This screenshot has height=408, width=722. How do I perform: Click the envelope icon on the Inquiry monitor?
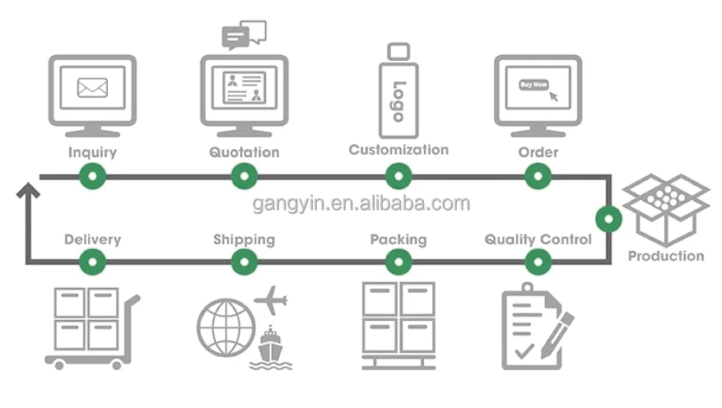coord(92,87)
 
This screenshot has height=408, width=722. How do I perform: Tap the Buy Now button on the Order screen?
coord(533,85)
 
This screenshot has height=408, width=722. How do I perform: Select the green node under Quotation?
coord(245,176)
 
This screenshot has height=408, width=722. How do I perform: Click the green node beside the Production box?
coord(608,219)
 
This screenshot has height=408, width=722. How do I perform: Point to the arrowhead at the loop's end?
coord(28,189)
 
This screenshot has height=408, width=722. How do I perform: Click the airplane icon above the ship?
coord(271,300)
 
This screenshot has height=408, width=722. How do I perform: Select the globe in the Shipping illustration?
coord(226,327)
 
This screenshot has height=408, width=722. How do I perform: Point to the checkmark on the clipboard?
coord(524,351)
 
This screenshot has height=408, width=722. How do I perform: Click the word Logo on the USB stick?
coord(398,101)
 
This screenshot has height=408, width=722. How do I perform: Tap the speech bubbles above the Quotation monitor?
coord(244,35)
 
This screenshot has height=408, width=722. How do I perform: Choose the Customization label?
coord(398,150)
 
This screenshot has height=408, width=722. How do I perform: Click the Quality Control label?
coord(538,239)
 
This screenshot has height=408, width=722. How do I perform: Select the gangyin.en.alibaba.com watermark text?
coord(361,204)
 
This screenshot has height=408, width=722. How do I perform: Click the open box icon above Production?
coord(666,211)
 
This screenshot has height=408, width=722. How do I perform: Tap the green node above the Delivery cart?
coord(92,262)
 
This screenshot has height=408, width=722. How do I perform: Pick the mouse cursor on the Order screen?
coord(553,96)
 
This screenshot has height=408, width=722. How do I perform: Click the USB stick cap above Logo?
coord(398,52)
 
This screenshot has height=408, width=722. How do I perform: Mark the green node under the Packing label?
coord(398,262)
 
